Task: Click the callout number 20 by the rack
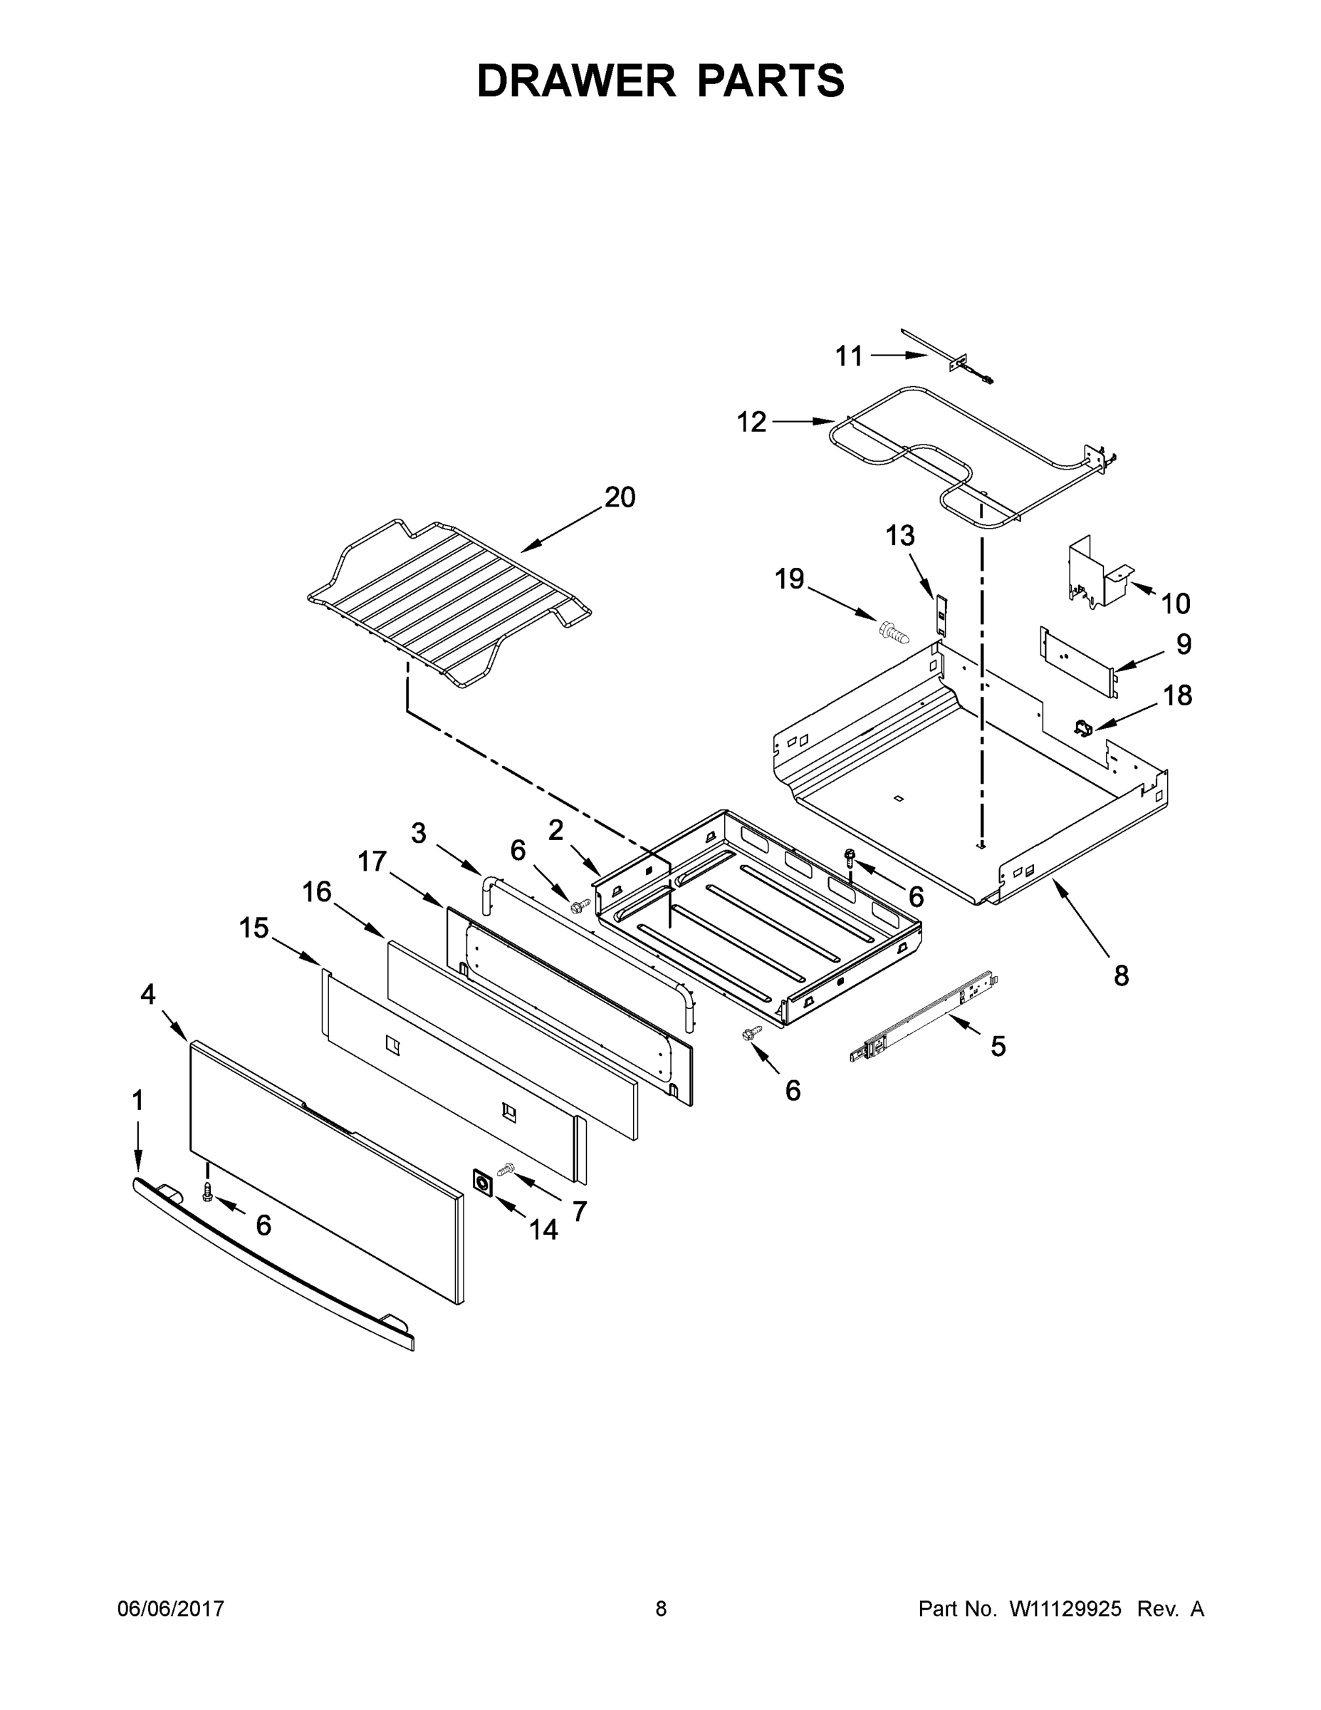620,497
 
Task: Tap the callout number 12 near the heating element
751,422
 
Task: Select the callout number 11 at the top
848,356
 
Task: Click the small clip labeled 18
1083,727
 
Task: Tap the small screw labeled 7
505,1169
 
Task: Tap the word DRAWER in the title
575,81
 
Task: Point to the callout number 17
372,861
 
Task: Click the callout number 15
254,928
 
